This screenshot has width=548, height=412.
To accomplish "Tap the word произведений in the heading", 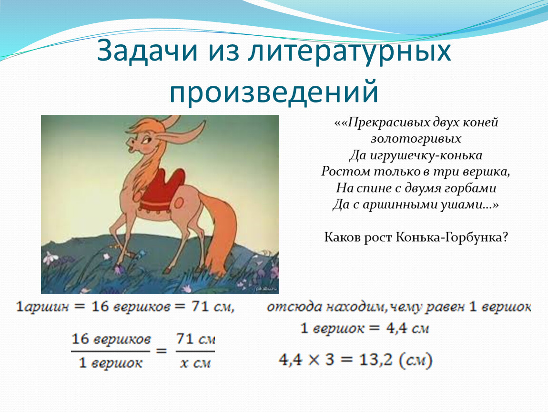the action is coord(274,92).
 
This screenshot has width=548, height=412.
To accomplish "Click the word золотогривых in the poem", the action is coord(416,139).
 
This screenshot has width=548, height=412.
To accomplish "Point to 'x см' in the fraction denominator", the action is coord(195,363).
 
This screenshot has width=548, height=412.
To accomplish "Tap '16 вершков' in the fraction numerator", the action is coord(111,339).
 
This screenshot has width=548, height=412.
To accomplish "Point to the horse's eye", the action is coord(146,141).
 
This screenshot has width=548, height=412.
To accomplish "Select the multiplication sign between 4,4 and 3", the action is coord(314,360).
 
